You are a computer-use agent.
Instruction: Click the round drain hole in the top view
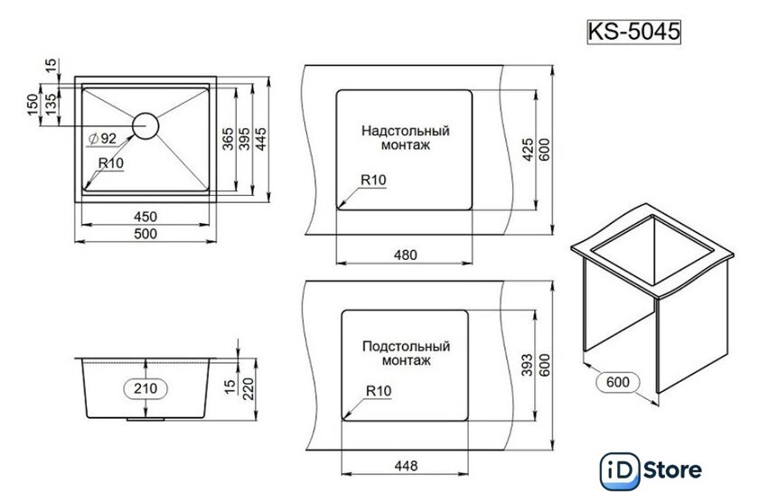pos(146,125)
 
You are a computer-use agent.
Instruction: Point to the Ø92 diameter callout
pos(103,138)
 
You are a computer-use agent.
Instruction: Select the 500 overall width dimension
pos(146,234)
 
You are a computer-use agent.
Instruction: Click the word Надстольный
pos(406,130)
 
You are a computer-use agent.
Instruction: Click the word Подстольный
pos(406,346)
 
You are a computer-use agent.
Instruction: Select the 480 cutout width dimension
pos(406,255)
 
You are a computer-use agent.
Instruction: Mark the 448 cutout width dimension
pos(406,467)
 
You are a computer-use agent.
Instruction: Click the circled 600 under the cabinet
pos(617,383)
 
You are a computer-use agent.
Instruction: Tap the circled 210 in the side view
pos(145,389)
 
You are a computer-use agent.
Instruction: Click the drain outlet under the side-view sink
pos(146,420)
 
